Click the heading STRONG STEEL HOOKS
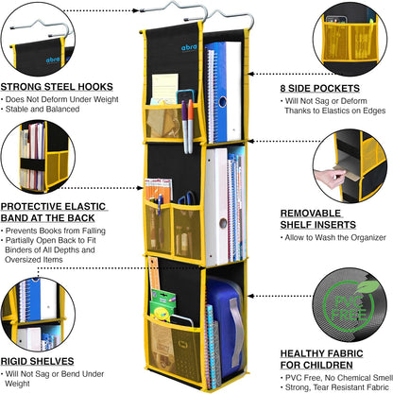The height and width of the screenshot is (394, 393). [x=57, y=87]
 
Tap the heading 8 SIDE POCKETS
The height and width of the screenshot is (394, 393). [x=320, y=88]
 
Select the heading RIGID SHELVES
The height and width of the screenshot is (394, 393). [x=37, y=361]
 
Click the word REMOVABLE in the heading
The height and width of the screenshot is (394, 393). [x=311, y=214]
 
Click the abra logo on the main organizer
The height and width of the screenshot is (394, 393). [x=189, y=47]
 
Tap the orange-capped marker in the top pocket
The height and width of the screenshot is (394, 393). [x=191, y=126]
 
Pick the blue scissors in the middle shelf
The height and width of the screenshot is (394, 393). [x=187, y=198]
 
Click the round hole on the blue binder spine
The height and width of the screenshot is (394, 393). [x=223, y=101]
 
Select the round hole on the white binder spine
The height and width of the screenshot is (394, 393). [x=223, y=223]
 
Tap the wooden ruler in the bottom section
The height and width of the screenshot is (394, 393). [x=154, y=274]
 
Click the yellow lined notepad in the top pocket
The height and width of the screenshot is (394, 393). [x=164, y=87]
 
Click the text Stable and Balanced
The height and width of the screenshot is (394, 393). [x=43, y=109]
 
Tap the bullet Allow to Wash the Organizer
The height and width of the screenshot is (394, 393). [x=335, y=237]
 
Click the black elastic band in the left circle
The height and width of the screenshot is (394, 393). [x=33, y=164]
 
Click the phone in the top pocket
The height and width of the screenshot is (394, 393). [x=186, y=97]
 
